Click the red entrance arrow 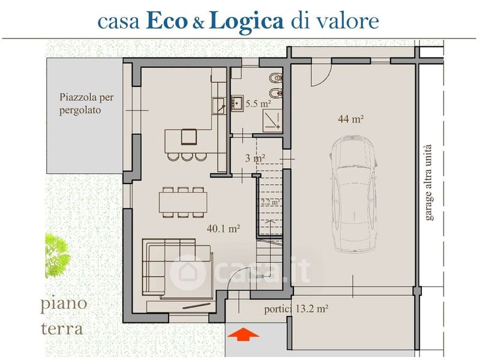[x=243, y=334]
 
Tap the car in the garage [x=353, y=194]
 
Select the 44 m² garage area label [x=351, y=118]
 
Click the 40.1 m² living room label [x=223, y=228]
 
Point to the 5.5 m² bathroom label [x=259, y=103]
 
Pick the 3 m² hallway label [x=255, y=158]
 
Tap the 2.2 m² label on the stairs [x=270, y=202]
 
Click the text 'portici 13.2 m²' [x=296, y=308]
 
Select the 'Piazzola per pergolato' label [x=86, y=103]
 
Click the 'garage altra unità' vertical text [x=428, y=182]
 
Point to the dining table [x=183, y=202]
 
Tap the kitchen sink [x=219, y=106]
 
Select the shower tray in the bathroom [x=272, y=119]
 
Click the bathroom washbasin [x=237, y=103]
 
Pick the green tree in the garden [x=56, y=256]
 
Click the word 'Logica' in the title [x=247, y=22]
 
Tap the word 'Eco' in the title [x=167, y=21]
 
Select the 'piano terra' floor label [x=64, y=316]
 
